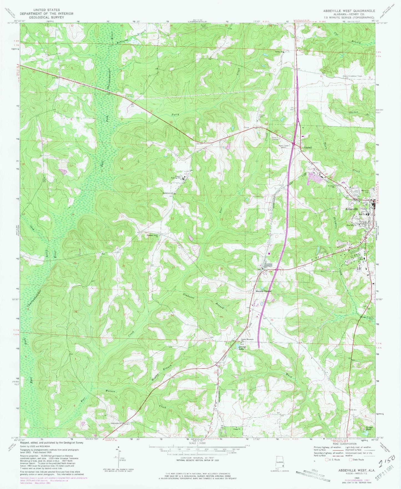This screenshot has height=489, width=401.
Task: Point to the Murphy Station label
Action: pos(263,291)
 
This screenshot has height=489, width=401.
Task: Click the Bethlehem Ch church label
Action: pos(168,193)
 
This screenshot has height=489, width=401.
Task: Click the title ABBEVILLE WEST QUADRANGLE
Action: pos(349,11)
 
